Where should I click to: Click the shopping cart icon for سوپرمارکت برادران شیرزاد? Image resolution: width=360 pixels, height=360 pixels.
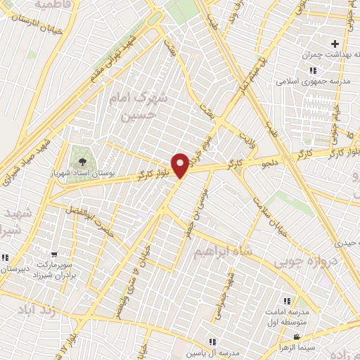pyautogui.click(x=54, y=255)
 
